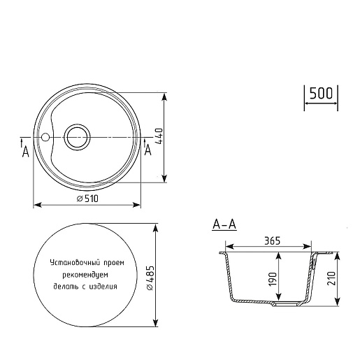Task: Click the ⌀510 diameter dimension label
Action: [87, 199]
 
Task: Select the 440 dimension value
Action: [160, 136]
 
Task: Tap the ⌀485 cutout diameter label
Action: [150, 278]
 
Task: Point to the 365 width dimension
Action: [272, 240]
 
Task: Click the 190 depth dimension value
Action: [273, 279]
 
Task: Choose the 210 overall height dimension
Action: [331, 278]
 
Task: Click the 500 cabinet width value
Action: [321, 94]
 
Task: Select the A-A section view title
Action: [224, 224]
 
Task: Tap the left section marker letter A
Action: [25, 152]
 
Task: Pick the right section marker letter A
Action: [148, 150]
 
